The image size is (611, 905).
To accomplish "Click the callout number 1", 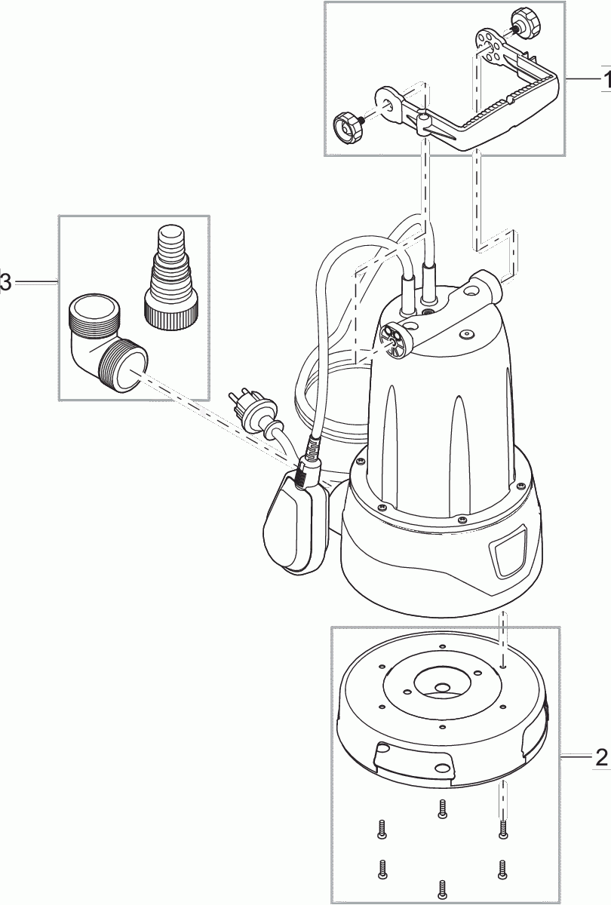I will tap(605, 78).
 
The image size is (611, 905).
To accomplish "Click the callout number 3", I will tap(6, 282).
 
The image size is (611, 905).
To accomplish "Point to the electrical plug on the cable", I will tap(247, 407).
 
